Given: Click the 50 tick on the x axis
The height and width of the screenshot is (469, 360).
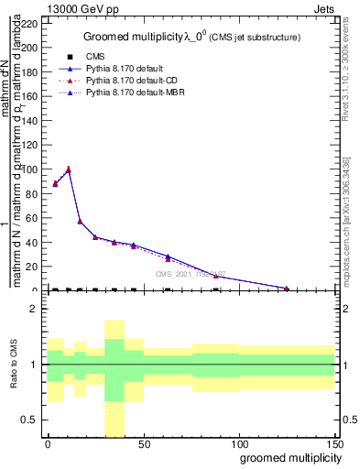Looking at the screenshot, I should point(143,444).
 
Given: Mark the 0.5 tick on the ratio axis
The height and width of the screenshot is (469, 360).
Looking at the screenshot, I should point(33,420).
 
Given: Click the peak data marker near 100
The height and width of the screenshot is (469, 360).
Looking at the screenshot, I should point(68,169).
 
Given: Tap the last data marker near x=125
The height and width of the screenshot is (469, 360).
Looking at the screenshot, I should point(287,289).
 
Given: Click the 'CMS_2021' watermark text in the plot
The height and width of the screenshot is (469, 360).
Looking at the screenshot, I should point(190,274).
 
